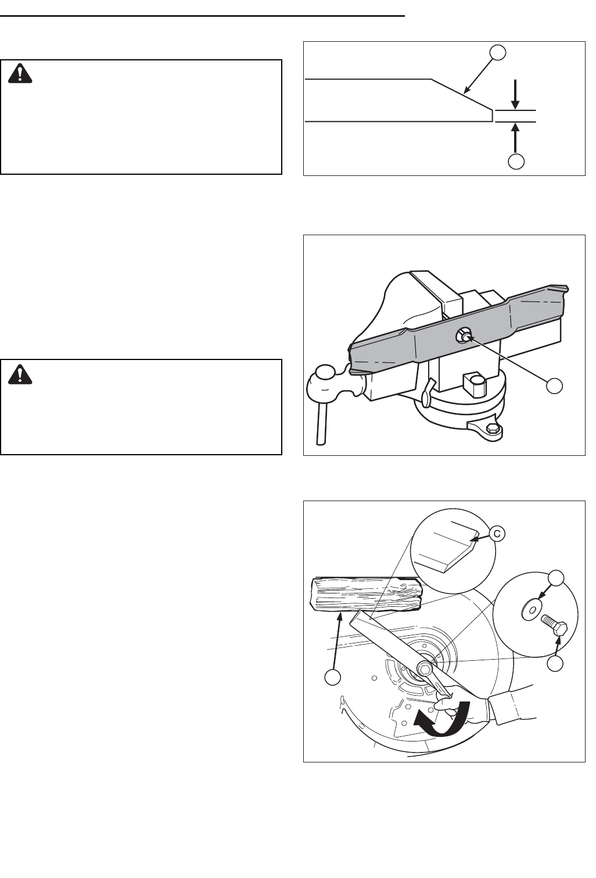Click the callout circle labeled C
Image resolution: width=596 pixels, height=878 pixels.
click(x=497, y=534)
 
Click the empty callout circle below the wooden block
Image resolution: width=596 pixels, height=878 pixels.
click(x=332, y=677)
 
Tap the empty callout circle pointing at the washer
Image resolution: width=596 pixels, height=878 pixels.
click(x=555, y=578)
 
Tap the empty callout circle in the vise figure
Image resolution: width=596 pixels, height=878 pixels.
click(x=554, y=386)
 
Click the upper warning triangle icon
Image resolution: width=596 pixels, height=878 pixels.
click(x=20, y=73)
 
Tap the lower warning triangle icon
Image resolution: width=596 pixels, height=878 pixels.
click(x=20, y=374)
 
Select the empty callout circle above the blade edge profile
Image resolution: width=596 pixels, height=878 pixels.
click(x=498, y=52)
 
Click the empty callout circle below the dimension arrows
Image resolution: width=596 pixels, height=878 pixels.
click(x=516, y=161)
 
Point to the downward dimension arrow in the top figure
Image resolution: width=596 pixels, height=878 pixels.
click(x=516, y=94)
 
